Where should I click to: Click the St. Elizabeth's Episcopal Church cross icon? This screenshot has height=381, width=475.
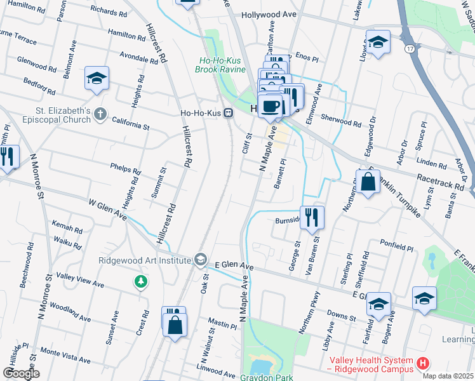coord(99,114)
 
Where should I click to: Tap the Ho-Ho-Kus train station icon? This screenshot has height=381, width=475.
coord(228,114)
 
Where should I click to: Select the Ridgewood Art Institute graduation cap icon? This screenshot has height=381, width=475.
coord(201,259)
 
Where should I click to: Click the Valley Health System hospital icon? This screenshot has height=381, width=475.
coord(423,363)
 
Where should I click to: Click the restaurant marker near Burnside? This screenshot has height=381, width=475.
coord(312,217)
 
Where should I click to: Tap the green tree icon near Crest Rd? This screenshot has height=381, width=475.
coord(140,281)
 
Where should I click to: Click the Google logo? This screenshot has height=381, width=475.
coord(21,373)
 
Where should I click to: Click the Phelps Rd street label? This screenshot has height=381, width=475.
coord(124,170)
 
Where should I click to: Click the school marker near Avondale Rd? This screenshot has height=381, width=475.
coord(97,79)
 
